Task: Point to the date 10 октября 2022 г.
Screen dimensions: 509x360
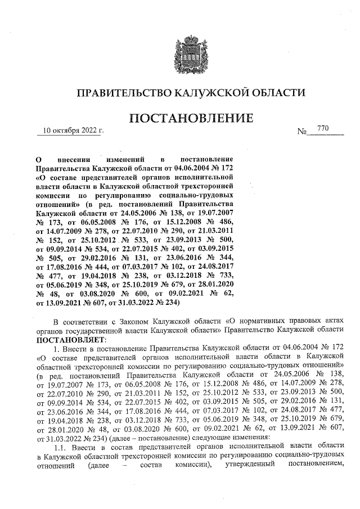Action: pyautogui.click(x=70, y=132)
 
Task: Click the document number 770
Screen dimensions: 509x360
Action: pyautogui.click(x=323, y=129)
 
